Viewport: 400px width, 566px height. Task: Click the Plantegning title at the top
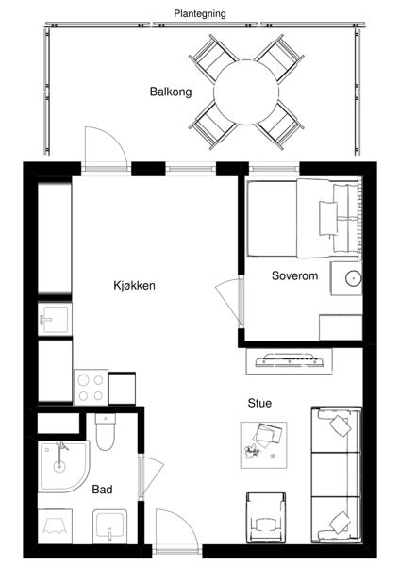point(200,14)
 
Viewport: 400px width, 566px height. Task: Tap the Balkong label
point(171,92)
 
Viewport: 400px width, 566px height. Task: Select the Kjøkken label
point(134,286)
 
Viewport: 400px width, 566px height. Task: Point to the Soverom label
point(294,275)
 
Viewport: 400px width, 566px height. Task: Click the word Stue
point(259,403)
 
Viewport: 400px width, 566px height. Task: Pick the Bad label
point(102,490)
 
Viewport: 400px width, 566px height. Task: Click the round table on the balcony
point(246,92)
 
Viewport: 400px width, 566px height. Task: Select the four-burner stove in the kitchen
point(91,387)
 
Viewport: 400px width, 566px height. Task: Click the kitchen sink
point(55,320)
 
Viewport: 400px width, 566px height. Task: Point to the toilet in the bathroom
point(106,432)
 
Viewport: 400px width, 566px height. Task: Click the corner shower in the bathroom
point(63,466)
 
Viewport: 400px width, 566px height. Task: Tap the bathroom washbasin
point(109,526)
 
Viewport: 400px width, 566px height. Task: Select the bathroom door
point(151,476)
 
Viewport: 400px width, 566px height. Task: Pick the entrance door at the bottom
point(176,530)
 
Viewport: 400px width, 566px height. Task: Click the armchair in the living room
point(266,517)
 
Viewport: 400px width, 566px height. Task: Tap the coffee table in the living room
point(263,445)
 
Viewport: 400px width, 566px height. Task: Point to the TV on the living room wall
point(290,360)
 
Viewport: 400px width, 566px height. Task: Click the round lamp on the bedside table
point(354,278)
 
